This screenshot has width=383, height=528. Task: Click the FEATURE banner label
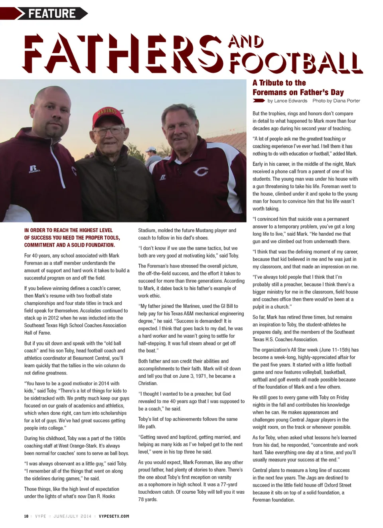click(x=52, y=14)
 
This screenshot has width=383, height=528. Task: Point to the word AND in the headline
click(x=246, y=41)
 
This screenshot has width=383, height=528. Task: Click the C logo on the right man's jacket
click(x=200, y=172)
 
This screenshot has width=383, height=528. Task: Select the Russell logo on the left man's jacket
click(x=34, y=169)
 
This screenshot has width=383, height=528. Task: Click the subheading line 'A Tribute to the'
click(x=279, y=83)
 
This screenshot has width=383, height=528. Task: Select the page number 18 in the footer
click(x=26, y=516)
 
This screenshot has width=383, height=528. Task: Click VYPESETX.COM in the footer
click(x=114, y=516)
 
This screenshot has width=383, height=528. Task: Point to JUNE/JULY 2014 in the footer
click(x=72, y=516)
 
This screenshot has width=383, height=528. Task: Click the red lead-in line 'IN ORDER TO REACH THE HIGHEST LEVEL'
click(x=68, y=231)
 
